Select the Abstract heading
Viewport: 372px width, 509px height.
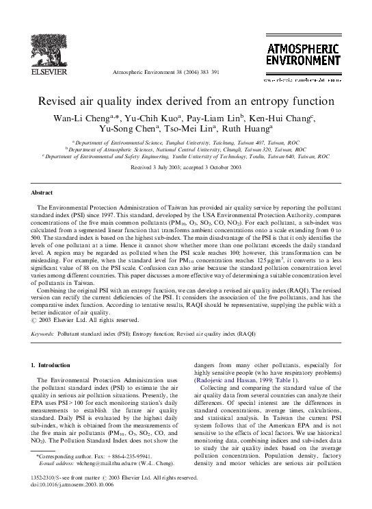pyautogui.click(x=43, y=193)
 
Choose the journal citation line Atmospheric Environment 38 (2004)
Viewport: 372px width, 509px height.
pyautogui.click(x=164, y=72)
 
